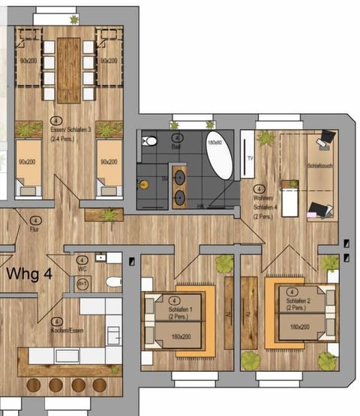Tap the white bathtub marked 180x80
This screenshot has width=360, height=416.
[x=219, y=156]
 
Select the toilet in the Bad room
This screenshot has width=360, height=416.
[x=151, y=140]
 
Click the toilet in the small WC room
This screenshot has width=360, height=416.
[x=113, y=282]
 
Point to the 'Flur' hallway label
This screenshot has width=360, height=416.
[x=34, y=229]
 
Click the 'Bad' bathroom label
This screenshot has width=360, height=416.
[x=176, y=147]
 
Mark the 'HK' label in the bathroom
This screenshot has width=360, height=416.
[x=201, y=206]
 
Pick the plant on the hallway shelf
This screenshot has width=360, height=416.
[x=110, y=216]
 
